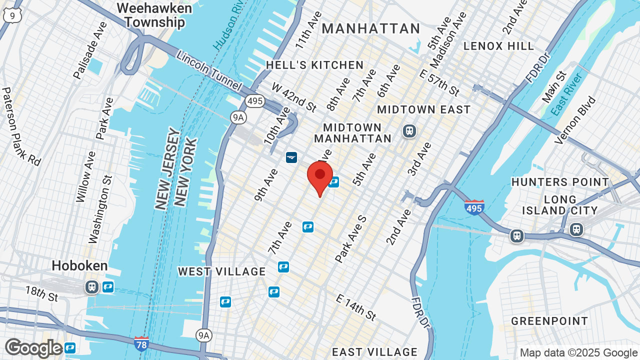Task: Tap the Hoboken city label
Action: tap(80, 265)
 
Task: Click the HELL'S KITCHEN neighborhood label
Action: tap(315, 65)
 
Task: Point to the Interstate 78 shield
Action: tap(141, 343)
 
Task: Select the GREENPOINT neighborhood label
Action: tap(549, 321)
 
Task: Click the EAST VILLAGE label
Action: tap(374, 352)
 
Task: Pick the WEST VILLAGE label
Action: tap(222, 271)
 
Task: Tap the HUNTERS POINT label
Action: tap(560, 182)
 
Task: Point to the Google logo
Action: tap(33, 348)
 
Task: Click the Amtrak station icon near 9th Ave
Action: tap(291, 157)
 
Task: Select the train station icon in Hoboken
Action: tap(91, 287)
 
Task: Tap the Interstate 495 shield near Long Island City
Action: tap(474, 206)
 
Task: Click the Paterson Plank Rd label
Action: tap(20, 126)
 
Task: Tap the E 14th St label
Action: tap(356, 307)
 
